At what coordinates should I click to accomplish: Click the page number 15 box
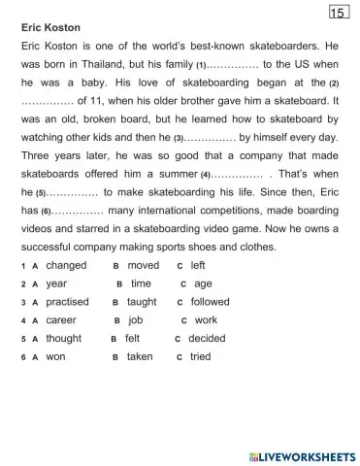pyautogui.click(x=338, y=13)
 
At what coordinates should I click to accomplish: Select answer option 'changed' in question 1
pyautogui.click(x=66, y=265)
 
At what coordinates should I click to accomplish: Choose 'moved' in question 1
pyautogui.click(x=144, y=265)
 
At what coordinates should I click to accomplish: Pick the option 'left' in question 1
pyautogui.click(x=198, y=265)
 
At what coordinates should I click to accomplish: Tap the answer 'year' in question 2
pyautogui.click(x=56, y=283)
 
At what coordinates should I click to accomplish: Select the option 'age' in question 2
pyautogui.click(x=203, y=283)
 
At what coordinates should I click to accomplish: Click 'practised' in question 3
pyautogui.click(x=67, y=302)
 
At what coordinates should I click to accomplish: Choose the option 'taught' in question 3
pyautogui.click(x=142, y=302)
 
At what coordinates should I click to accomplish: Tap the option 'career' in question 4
pyautogui.click(x=61, y=320)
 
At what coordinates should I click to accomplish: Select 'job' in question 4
pyautogui.click(x=136, y=320)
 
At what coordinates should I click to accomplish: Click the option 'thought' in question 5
pyautogui.click(x=64, y=339)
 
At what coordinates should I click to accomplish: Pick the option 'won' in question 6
pyautogui.click(x=56, y=357)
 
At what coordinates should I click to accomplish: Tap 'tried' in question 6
pyautogui.click(x=200, y=357)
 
